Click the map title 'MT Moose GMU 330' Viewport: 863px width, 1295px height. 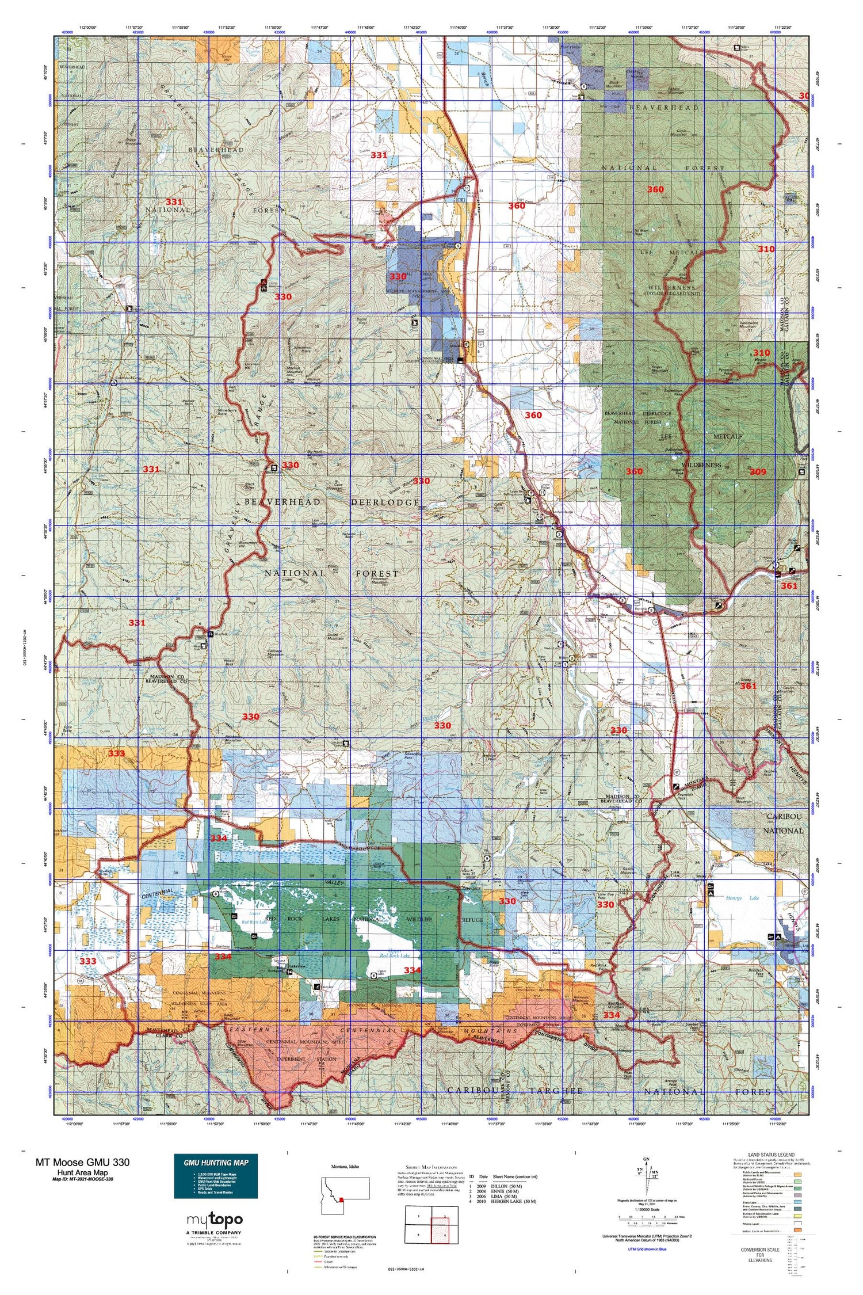[x=82, y=1161]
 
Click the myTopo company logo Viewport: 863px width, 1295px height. [x=215, y=1220]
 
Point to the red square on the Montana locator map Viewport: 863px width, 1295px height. [x=342, y=1199]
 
